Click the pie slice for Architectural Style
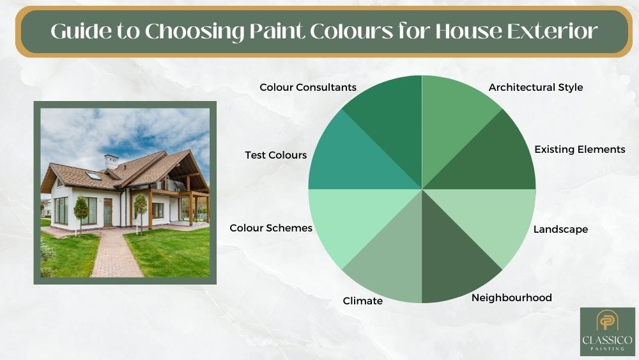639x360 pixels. point(452,122)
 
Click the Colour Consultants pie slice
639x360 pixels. point(391,122)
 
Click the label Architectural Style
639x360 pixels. point(535,88)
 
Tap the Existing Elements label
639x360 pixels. point(580,149)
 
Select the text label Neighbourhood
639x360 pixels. point(511,298)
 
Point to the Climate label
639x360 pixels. point(363,301)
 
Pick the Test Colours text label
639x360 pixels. point(276,155)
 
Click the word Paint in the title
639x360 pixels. point(277,31)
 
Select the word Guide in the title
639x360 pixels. point(81,31)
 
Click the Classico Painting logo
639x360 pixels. point(607,331)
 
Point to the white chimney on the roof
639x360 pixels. point(111,161)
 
